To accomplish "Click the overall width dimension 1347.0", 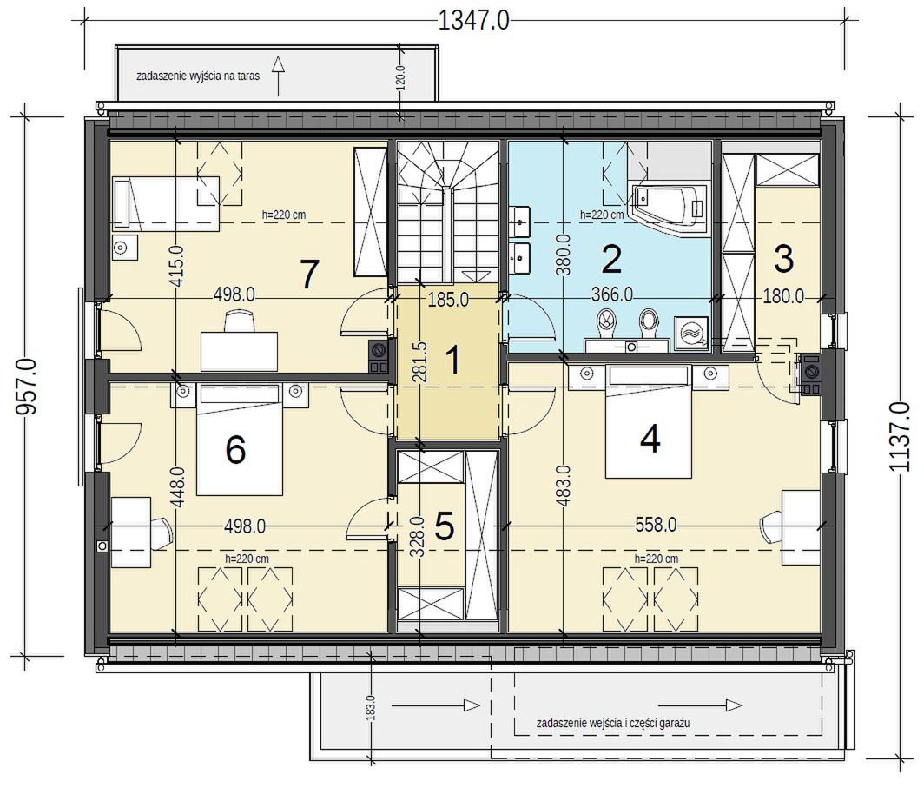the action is [473, 21].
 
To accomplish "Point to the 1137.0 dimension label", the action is [900, 437].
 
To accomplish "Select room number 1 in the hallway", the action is [452, 360].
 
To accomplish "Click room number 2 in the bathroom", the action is [610, 260].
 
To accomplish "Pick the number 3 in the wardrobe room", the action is [783, 260].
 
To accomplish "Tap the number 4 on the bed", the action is [650, 440].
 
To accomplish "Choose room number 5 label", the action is [445, 526].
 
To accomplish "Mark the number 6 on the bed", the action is [235, 451].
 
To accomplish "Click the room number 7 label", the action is [309, 275].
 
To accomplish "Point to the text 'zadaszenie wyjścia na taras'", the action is [198, 76].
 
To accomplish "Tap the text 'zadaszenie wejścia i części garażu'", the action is [613, 723].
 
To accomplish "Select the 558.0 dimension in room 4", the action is [656, 525].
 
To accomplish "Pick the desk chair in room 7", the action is [240, 321].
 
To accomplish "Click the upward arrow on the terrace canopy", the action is [279, 76].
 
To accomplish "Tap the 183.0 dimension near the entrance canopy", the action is [370, 707].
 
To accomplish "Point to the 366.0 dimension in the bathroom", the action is [612, 294].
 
